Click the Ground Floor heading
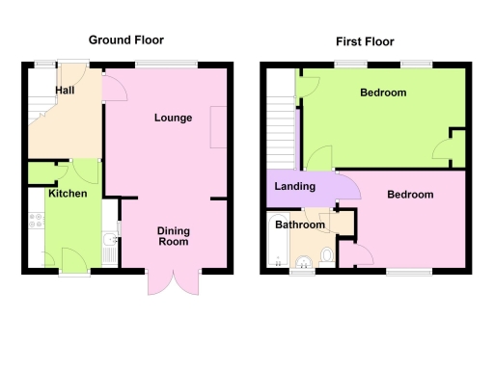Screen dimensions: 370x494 click(125, 40)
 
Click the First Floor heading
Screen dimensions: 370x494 click(365, 41)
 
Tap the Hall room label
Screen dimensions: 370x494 click(66, 90)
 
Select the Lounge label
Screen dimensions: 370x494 click(174, 119)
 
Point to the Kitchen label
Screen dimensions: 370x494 click(68, 194)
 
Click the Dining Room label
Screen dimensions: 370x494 click(174, 236)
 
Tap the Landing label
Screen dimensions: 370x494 click(293, 186)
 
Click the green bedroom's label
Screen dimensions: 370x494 click(383, 93)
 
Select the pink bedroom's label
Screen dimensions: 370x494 click(410, 195)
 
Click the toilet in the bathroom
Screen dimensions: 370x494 click(326, 255)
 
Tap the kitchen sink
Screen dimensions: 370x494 click(111, 242)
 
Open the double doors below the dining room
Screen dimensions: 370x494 click(174, 282)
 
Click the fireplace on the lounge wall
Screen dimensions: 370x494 click(219, 126)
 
